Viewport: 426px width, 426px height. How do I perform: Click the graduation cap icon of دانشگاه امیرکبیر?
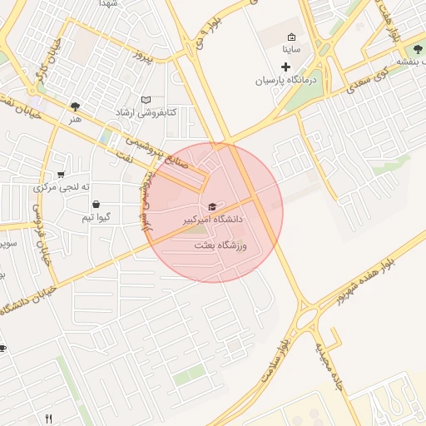[211, 206]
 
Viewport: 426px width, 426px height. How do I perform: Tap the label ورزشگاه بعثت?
[221, 245]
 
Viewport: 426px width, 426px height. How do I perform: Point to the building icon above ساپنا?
[291, 37]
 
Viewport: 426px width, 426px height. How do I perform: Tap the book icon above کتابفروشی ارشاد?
[146, 99]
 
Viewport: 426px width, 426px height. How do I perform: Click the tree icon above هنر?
[76, 106]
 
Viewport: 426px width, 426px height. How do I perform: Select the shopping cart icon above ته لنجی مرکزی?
[61, 175]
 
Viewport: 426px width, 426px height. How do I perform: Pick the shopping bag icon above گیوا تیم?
[96, 204]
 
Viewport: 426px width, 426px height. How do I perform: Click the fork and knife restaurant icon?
[48, 419]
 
